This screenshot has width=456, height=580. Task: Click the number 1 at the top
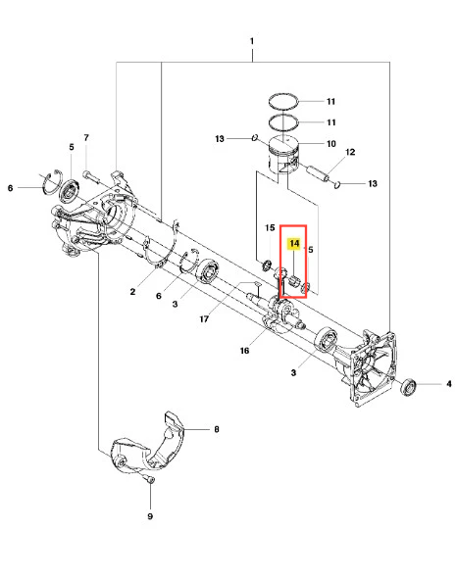252,41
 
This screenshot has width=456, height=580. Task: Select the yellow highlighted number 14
294,243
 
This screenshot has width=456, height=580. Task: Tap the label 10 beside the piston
331,143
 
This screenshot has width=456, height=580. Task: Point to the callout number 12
350,152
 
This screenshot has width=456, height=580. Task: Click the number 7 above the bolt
86,138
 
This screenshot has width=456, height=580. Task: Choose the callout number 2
132,292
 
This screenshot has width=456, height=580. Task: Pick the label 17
204,318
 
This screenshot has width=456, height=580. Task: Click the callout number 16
244,351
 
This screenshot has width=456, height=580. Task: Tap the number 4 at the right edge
448,384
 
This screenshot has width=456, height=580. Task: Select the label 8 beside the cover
217,429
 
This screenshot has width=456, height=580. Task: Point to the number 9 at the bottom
150,516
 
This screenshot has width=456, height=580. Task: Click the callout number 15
270,228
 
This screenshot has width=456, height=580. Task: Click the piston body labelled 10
282,156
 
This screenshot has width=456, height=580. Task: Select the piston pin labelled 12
318,172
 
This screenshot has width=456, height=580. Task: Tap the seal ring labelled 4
409,386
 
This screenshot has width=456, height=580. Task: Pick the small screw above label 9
150,480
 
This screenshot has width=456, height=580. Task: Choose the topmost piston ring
283,101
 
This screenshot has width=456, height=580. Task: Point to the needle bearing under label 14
294,282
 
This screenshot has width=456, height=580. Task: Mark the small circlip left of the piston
254,137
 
